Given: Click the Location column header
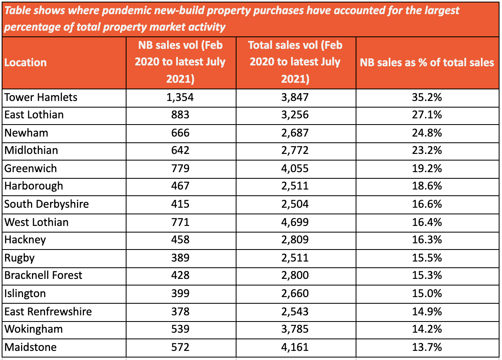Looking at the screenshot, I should pyautogui.click(x=26, y=62).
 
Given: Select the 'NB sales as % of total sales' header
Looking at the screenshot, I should pyautogui.click(x=427, y=62).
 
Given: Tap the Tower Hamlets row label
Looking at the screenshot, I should pyautogui.click(x=41, y=97).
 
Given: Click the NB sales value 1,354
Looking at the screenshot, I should pyautogui.click(x=180, y=97).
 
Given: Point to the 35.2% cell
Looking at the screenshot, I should pyautogui.click(x=427, y=97).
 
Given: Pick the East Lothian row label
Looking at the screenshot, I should pyautogui.click(x=34, y=115).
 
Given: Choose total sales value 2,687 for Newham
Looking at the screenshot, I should pyautogui.click(x=295, y=133).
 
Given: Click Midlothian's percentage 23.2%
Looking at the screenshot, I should pyautogui.click(x=427, y=150).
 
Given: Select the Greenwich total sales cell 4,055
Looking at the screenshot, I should pyautogui.click(x=295, y=168).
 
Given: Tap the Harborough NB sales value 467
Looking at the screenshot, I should pyautogui.click(x=180, y=186).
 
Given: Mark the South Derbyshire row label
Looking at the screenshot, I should pyautogui.click(x=46, y=204).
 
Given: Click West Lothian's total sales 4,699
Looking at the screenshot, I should pyautogui.click(x=295, y=222).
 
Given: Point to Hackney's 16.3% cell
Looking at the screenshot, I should pyautogui.click(x=427, y=240).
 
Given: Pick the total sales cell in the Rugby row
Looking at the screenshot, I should pyautogui.click(x=295, y=258).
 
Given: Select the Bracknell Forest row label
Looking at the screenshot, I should pyautogui.click(x=43, y=275).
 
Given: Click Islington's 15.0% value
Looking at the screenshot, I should pyautogui.click(x=427, y=293).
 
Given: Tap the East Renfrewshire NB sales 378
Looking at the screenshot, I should pyautogui.click(x=180, y=311).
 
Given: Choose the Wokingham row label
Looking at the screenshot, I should pyautogui.click(x=33, y=329).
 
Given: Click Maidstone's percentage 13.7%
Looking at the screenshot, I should pyautogui.click(x=427, y=347).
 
